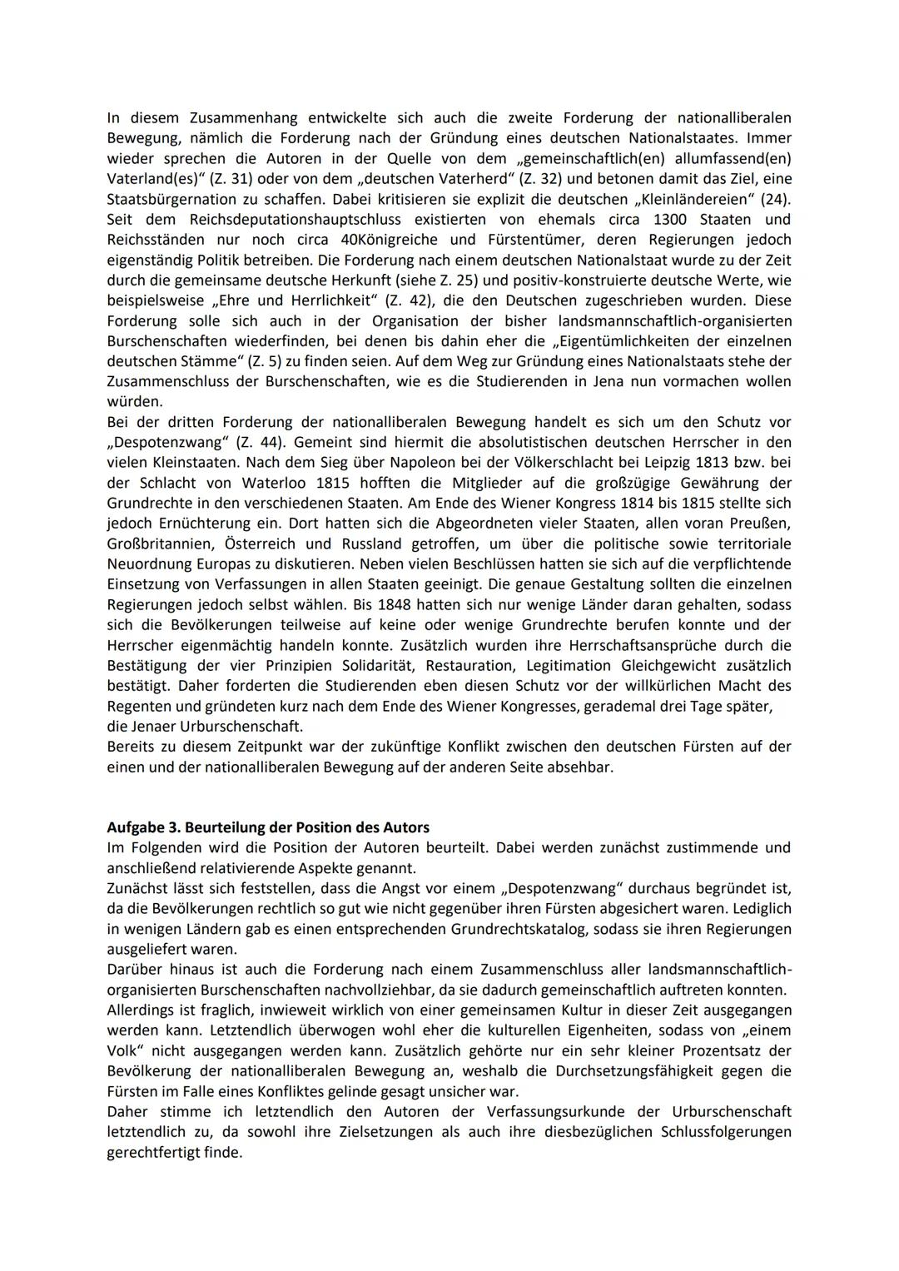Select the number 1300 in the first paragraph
(x=671, y=220)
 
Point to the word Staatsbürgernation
(x=174, y=200)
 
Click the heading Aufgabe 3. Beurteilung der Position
(x=268, y=827)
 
